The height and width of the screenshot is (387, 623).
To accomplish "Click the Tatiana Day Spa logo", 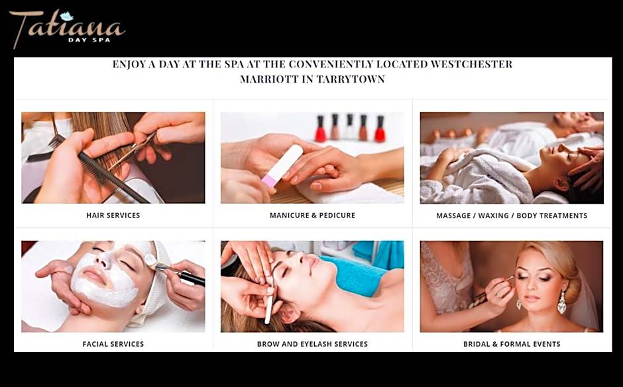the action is (67, 28).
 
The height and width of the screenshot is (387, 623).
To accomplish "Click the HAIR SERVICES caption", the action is (113, 215).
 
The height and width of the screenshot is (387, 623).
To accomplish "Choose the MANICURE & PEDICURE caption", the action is (312, 215).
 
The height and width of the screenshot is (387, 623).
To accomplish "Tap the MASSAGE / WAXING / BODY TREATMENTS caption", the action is (512, 216).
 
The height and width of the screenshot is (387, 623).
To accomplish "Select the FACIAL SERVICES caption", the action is (113, 344).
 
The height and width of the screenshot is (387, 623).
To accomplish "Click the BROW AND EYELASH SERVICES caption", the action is (312, 344).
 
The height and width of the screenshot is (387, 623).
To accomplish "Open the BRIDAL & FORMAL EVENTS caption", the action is (512, 344).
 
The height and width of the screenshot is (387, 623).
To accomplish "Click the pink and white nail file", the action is (282, 165).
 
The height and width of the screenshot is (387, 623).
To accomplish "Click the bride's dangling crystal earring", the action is (561, 302).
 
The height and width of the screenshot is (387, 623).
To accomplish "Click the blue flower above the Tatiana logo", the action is (67, 16).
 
